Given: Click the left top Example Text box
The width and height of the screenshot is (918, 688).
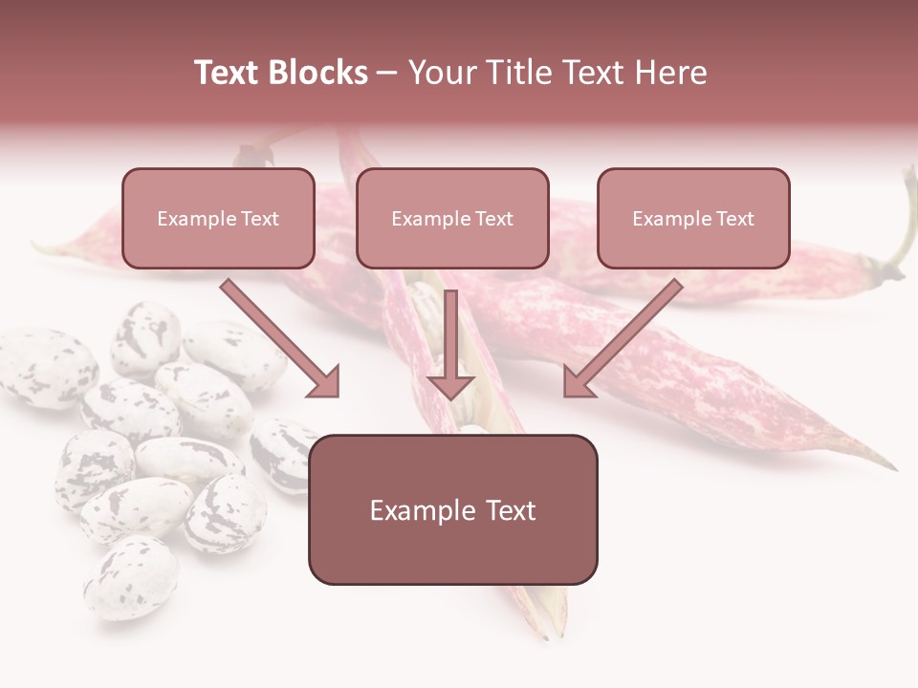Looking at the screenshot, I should [218, 218].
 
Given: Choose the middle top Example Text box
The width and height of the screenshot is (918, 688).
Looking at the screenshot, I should [452, 218].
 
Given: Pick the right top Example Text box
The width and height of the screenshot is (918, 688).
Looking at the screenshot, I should [693, 218].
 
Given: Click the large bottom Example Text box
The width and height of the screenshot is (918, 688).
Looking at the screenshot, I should [452, 509].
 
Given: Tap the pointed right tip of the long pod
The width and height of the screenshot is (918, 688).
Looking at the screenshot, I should [889, 466].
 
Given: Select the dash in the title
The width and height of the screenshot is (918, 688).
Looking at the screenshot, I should [387, 73].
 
